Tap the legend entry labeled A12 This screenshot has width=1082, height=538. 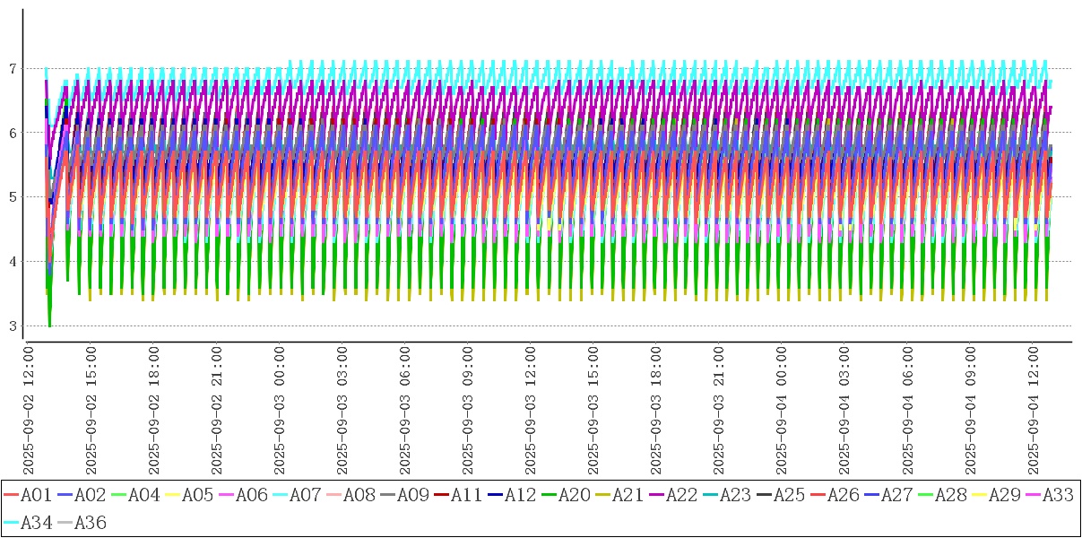(519, 495)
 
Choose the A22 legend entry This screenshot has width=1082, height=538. (680, 495)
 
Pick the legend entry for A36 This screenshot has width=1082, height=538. (89, 523)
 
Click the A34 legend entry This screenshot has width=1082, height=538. (35, 523)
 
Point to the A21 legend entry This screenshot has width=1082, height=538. (627, 495)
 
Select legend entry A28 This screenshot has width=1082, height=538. (949, 495)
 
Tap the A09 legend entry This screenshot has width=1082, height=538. (411, 495)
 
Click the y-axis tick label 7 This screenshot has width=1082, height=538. (13, 68)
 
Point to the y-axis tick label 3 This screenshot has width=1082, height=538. (13, 325)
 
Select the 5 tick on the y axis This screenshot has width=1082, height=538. (13, 197)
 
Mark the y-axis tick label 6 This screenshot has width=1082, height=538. (13, 133)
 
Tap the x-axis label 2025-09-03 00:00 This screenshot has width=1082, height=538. (280, 409)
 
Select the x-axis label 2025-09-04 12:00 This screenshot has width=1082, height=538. (1034, 409)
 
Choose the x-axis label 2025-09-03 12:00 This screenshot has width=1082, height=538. (531, 409)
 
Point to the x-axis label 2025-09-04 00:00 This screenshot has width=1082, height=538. (783, 409)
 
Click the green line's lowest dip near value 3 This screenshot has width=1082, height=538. (49, 325)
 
